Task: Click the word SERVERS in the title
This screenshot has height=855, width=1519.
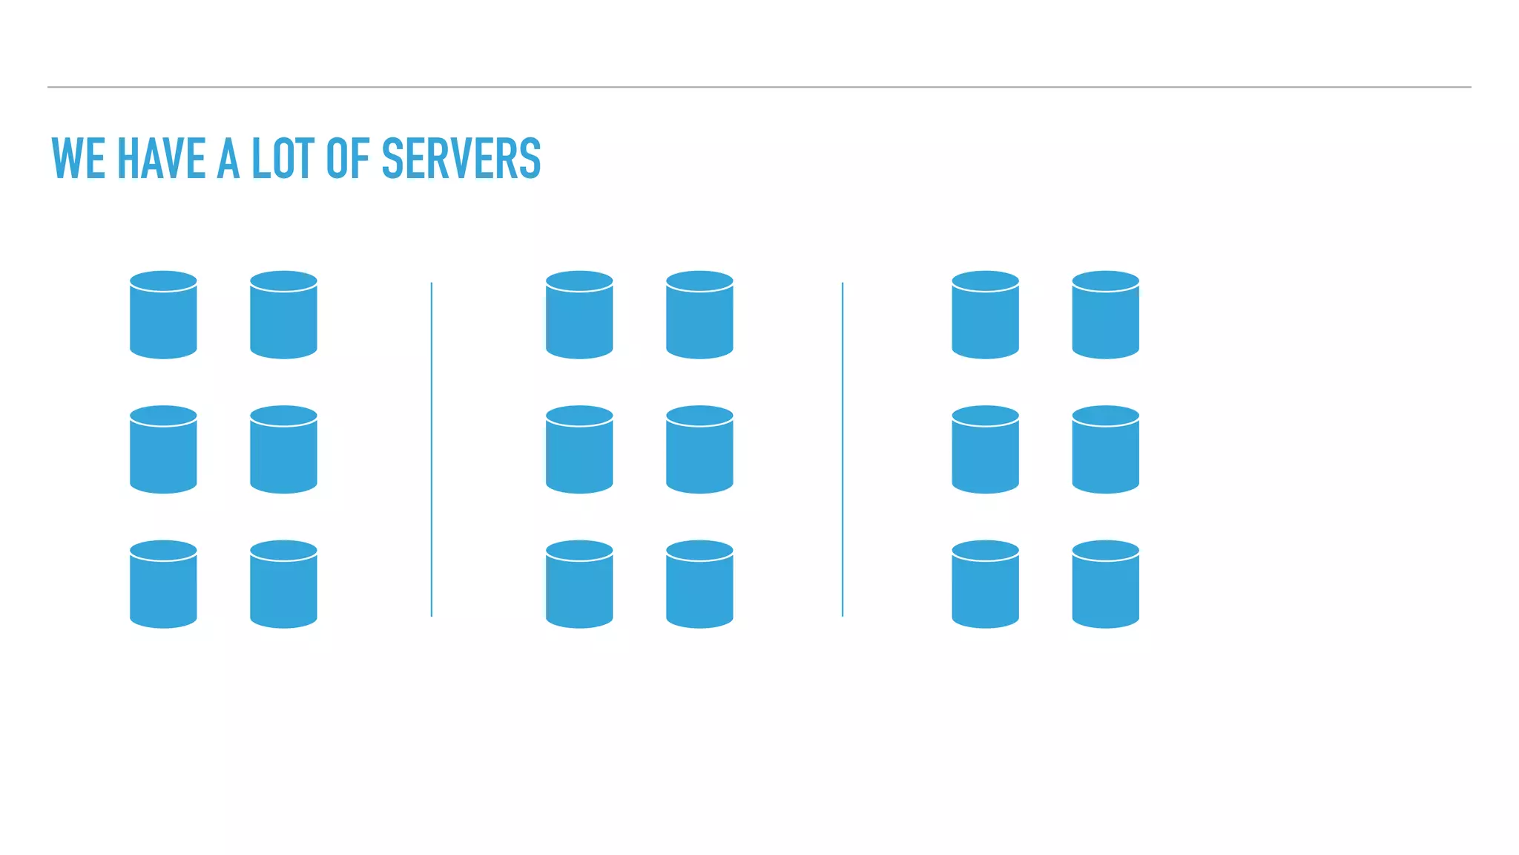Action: coord(461,159)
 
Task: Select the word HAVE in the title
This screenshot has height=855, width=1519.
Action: coord(161,159)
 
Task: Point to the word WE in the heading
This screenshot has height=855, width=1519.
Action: coord(78,159)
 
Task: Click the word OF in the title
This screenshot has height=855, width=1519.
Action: coord(347,159)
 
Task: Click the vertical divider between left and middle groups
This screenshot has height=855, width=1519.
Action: coord(431,449)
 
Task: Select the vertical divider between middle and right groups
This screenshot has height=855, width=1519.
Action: coord(843,449)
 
